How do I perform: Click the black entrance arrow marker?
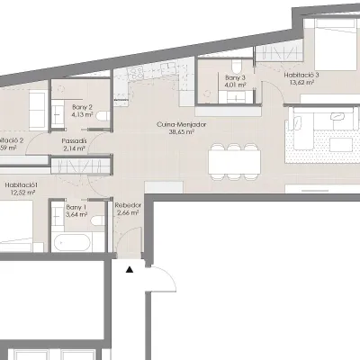tap(130, 267)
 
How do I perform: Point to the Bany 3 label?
tap(236, 78)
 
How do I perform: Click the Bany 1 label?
tap(76, 208)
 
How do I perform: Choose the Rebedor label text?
tap(128, 206)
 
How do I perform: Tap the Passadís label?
tap(75, 140)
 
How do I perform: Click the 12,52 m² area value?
tap(20, 192)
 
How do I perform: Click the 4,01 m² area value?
tap(236, 86)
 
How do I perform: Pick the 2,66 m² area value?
tap(128, 214)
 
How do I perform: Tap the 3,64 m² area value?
tap(76, 216)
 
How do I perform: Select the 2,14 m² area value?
tap(75, 148)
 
